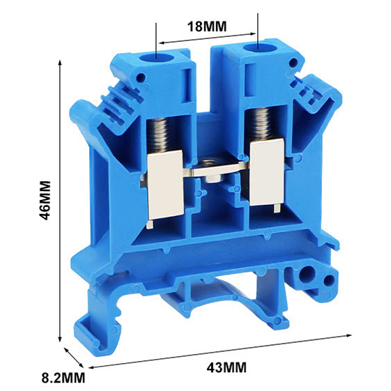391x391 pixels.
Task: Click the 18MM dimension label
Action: [x=207, y=26]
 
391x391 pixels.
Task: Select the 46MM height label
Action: [x=45, y=201]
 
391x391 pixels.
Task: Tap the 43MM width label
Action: [x=227, y=367]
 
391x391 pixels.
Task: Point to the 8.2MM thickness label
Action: [x=63, y=378]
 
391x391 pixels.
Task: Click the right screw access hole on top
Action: [x=258, y=48]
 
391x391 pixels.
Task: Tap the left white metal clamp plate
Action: [x=166, y=185]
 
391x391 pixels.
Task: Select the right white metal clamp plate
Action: [x=267, y=172]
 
